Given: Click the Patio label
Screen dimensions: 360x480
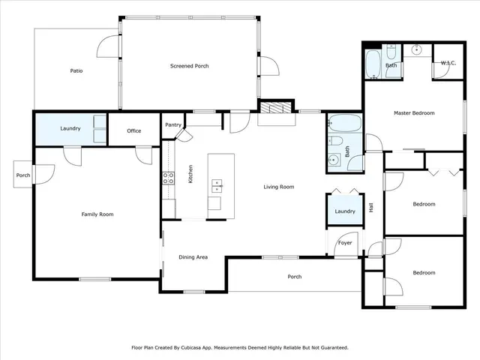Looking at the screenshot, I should [76, 70].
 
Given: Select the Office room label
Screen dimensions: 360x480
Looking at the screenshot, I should [133, 130].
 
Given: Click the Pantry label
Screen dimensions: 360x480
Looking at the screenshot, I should [172, 124].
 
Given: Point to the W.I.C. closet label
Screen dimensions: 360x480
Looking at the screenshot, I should [448, 62].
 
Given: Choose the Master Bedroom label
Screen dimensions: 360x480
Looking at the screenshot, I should [414, 112].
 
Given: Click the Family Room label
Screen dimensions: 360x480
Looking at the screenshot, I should [97, 214].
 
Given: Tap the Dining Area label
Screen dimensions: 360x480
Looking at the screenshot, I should [193, 257].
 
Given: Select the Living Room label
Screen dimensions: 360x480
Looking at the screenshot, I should [278, 187].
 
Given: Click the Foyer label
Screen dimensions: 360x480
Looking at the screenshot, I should [345, 242].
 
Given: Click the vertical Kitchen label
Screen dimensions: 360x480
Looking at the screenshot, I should [190, 175].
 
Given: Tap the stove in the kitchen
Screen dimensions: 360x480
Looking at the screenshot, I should [169, 178].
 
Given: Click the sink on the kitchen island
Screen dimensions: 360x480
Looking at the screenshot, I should [217, 184].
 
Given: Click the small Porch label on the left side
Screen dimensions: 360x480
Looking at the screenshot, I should [23, 175].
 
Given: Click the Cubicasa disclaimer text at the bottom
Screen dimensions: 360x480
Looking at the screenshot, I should [240, 347].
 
